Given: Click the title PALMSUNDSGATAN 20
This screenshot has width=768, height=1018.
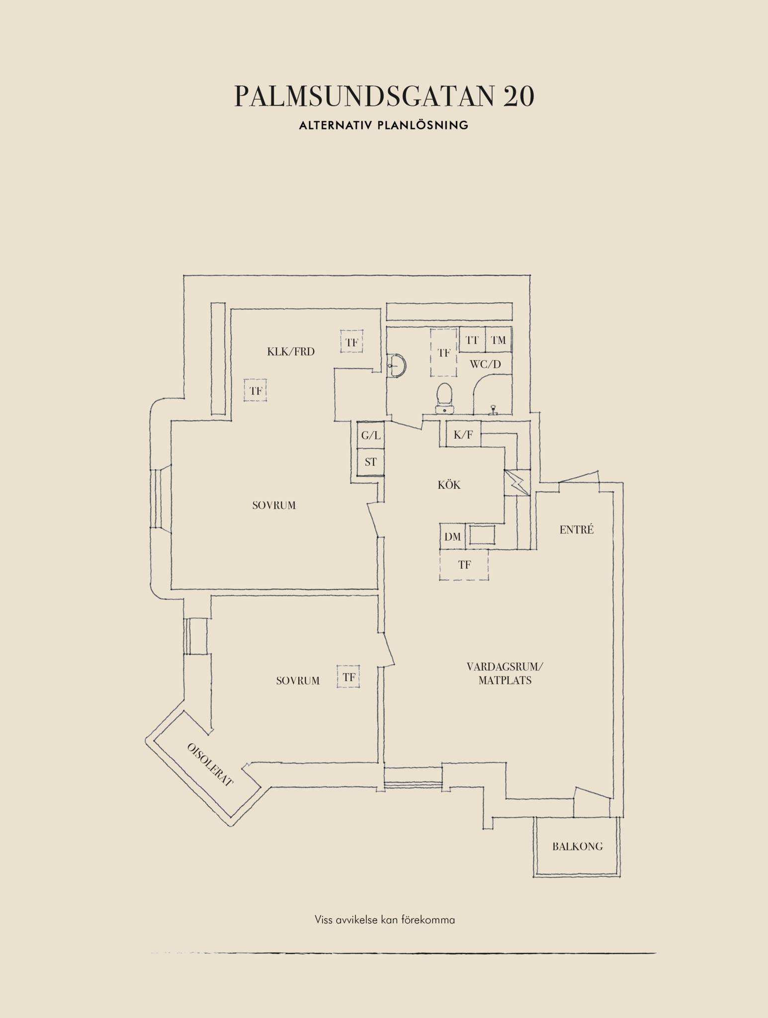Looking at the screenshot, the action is point(384,96).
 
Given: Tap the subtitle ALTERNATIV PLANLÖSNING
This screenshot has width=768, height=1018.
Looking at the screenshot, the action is point(384,125).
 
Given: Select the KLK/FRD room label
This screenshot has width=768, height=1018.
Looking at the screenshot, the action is point(291,352).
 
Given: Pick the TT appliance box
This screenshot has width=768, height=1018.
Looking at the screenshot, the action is point(472,340).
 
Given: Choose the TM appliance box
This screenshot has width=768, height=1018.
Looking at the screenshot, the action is point(499,340).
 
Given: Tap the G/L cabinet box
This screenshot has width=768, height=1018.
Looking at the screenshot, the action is point(371,435).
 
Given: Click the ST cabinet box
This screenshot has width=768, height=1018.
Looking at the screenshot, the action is point(371,462).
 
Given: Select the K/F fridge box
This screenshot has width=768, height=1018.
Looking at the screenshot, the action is point(463,435).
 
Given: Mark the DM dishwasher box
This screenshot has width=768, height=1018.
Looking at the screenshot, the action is point(453,536).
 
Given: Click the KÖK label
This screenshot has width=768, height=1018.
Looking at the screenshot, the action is point(449,485).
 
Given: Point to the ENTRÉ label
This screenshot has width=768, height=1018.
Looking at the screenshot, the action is point(577,529).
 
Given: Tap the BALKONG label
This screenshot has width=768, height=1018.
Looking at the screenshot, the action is point(578,847).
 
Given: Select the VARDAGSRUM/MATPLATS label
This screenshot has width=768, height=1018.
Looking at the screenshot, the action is point(505,674).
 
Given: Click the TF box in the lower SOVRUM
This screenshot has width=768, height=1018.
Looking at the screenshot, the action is point(348,677).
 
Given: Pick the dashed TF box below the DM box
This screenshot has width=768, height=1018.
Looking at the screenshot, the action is point(464,565).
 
